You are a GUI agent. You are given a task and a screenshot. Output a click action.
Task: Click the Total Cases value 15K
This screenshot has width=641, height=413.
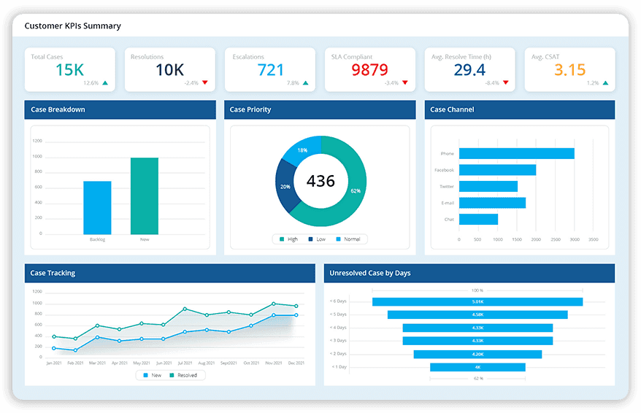[x=69, y=70]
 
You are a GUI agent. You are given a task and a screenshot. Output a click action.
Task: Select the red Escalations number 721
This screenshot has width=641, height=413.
[x=270, y=70]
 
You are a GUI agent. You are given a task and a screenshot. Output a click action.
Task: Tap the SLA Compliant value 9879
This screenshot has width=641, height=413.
[x=370, y=70]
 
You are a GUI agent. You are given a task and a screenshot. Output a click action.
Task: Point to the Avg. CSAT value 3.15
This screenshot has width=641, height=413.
[x=569, y=70]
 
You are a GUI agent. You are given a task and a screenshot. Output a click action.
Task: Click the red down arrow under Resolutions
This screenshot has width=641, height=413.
[x=205, y=82]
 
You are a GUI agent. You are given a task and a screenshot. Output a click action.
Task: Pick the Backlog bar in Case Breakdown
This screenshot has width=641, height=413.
[x=97, y=207]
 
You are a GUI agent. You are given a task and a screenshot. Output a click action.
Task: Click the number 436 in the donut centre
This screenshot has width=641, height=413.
[x=320, y=181]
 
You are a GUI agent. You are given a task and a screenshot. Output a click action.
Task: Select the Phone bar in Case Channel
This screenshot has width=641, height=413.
[x=516, y=153]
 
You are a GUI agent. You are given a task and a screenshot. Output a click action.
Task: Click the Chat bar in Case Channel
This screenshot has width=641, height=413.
[x=478, y=219]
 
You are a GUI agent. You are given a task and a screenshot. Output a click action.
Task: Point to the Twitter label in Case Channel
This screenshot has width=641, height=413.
[x=446, y=187]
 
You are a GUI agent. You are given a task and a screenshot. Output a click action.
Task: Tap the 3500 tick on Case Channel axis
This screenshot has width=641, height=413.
[x=593, y=239]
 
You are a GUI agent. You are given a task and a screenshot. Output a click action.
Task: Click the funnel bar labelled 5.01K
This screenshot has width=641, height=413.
[x=477, y=301]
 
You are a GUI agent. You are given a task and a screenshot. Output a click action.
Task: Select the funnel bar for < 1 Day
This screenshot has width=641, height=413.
[x=477, y=367]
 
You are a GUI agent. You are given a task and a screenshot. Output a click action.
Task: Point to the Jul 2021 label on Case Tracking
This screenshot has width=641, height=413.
[x=185, y=363]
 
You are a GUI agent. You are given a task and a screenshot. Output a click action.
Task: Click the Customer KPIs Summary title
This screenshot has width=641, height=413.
[x=72, y=26]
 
